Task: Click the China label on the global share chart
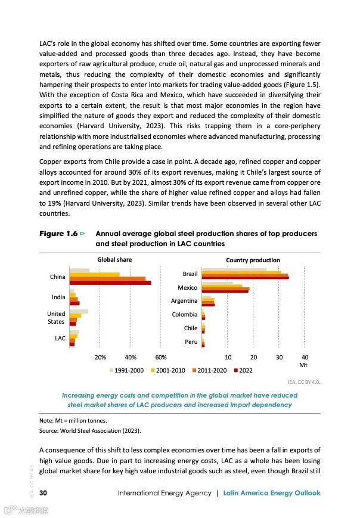[58, 277]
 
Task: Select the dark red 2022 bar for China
[110, 283]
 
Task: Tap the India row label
[58, 297]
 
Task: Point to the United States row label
[56, 318]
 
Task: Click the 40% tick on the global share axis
[131, 357]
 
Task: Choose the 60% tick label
[160, 357]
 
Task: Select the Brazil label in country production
[190, 274]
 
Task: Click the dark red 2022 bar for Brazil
[245, 278]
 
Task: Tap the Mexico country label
[187, 287]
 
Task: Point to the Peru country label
[191, 342]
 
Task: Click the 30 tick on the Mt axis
[279, 357]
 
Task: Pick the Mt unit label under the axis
[303, 364]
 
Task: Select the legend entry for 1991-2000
[126, 370]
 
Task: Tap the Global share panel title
[114, 259]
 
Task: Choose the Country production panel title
[253, 260]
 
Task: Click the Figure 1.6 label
[58, 234]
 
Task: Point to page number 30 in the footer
[44, 493]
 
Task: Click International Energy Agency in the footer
[165, 493]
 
